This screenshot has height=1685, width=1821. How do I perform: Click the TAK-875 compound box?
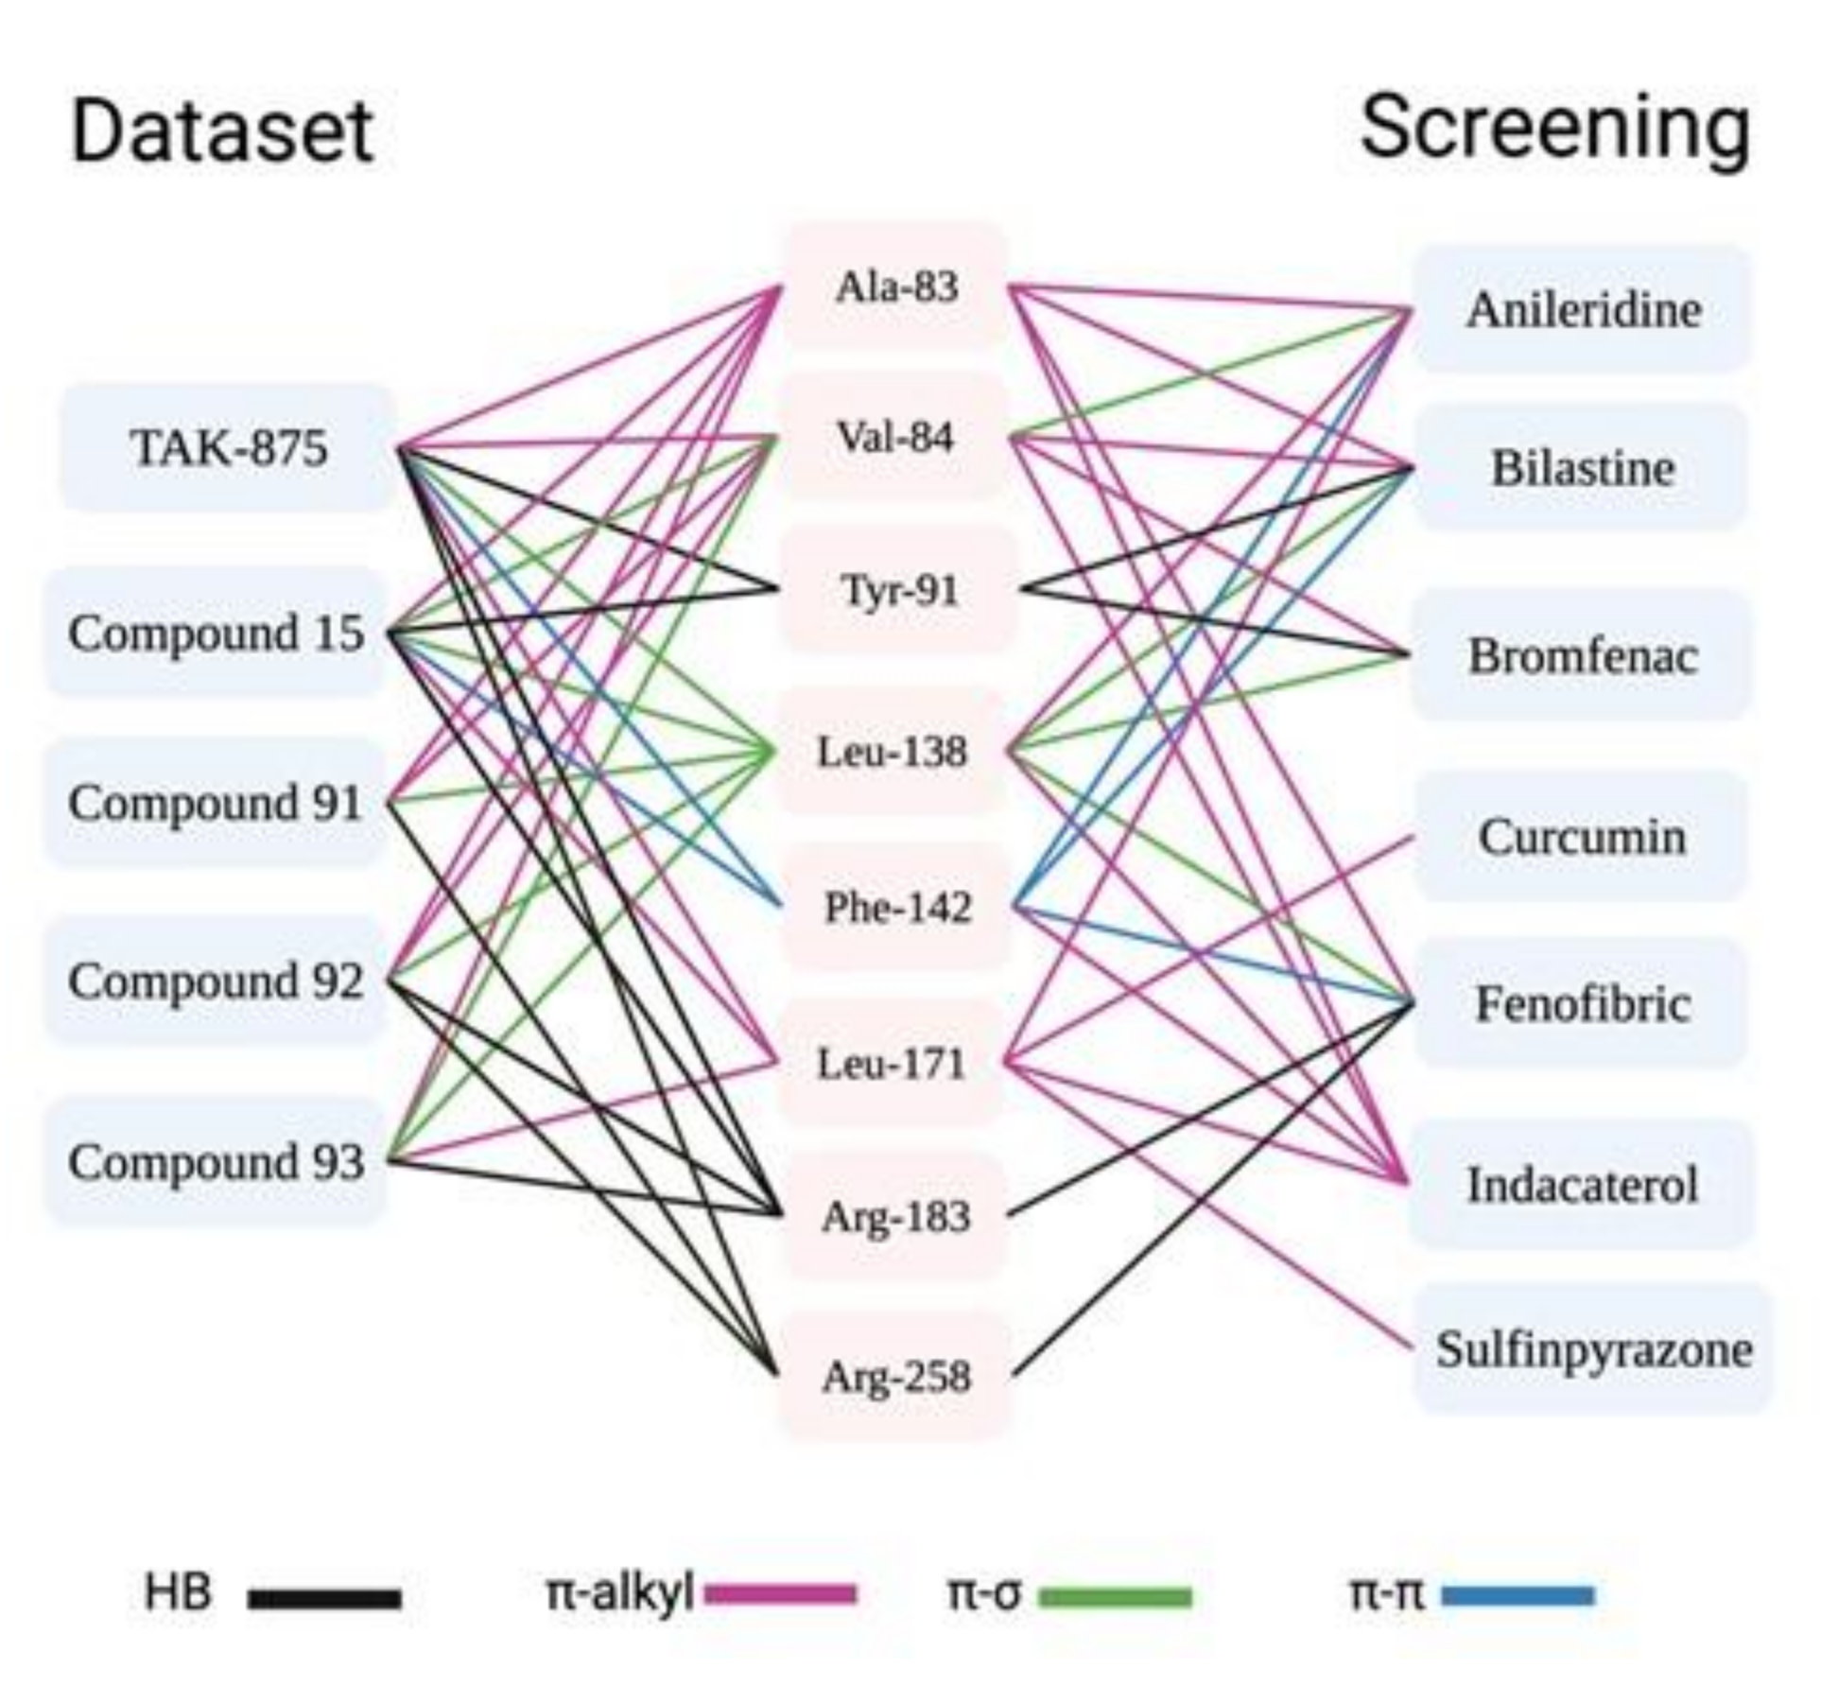tap(229, 447)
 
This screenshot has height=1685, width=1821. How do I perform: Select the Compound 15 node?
tap(216, 633)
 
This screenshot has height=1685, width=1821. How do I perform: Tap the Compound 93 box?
tap(216, 1161)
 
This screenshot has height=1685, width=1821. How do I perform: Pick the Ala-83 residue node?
tap(895, 286)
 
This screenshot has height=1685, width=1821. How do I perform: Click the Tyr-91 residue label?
tap(898, 590)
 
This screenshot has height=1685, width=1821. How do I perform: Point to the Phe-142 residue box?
tap(897, 908)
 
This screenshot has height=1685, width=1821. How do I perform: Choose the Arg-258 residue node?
tap(895, 1377)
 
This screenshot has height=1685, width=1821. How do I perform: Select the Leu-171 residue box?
tap(892, 1064)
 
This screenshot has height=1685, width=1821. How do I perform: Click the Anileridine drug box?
tap(1583, 310)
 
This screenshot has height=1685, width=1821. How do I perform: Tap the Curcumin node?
tap(1581, 837)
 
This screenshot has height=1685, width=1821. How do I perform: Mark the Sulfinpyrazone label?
tap(1593, 1348)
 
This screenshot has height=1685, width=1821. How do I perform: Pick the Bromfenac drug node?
tap(1582, 655)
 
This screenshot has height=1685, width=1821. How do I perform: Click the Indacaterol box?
tap(1582, 1184)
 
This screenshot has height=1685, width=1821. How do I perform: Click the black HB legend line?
tap(324, 1599)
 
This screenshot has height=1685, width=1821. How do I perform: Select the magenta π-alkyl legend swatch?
tap(781, 1595)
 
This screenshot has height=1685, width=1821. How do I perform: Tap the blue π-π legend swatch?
tap(1517, 1597)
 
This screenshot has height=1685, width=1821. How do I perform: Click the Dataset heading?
tap(222, 131)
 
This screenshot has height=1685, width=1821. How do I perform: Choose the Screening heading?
tap(1554, 130)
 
